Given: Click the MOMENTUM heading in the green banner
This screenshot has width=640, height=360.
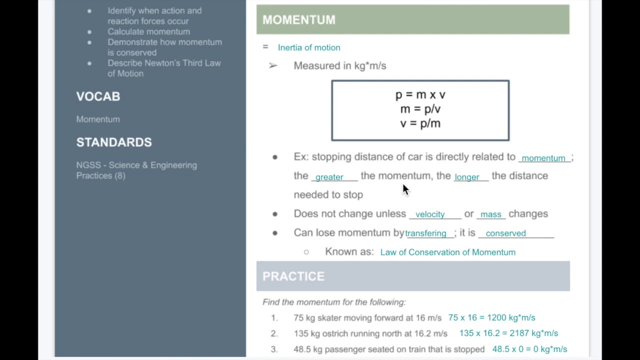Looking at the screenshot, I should [299, 20].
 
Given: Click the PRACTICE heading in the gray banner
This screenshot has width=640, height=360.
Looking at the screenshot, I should [293, 276].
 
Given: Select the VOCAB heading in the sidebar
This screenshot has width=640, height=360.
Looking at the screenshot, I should [98, 96].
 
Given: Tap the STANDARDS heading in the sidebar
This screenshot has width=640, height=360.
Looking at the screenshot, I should [114, 142].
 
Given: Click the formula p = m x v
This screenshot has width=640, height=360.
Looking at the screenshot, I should [420, 94].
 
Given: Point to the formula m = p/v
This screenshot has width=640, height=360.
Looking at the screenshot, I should [420, 109].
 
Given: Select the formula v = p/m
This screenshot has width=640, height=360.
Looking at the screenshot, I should [420, 123].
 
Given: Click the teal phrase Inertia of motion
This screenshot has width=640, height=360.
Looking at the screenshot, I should [309, 47].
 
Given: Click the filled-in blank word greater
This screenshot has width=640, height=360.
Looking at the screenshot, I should [329, 177].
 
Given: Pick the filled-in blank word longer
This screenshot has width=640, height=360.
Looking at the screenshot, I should [466, 177].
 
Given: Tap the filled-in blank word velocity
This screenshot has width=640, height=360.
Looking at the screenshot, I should [430, 214].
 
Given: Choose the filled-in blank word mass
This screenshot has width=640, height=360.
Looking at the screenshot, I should [490, 214].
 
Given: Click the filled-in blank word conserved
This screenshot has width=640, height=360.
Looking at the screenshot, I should [505, 233].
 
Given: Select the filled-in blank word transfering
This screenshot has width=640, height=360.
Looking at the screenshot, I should [425, 233].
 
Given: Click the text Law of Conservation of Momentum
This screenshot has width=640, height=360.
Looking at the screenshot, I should [447, 252].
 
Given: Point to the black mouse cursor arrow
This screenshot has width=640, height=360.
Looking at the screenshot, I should [405, 189].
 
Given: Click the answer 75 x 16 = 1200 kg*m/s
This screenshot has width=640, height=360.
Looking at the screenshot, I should [491, 318].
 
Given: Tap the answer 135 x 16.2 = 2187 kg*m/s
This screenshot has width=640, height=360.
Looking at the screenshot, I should [508, 333].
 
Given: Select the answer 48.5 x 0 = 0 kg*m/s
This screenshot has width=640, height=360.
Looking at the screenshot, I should [529, 349].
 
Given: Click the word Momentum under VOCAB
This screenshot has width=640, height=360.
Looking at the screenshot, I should [98, 119].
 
